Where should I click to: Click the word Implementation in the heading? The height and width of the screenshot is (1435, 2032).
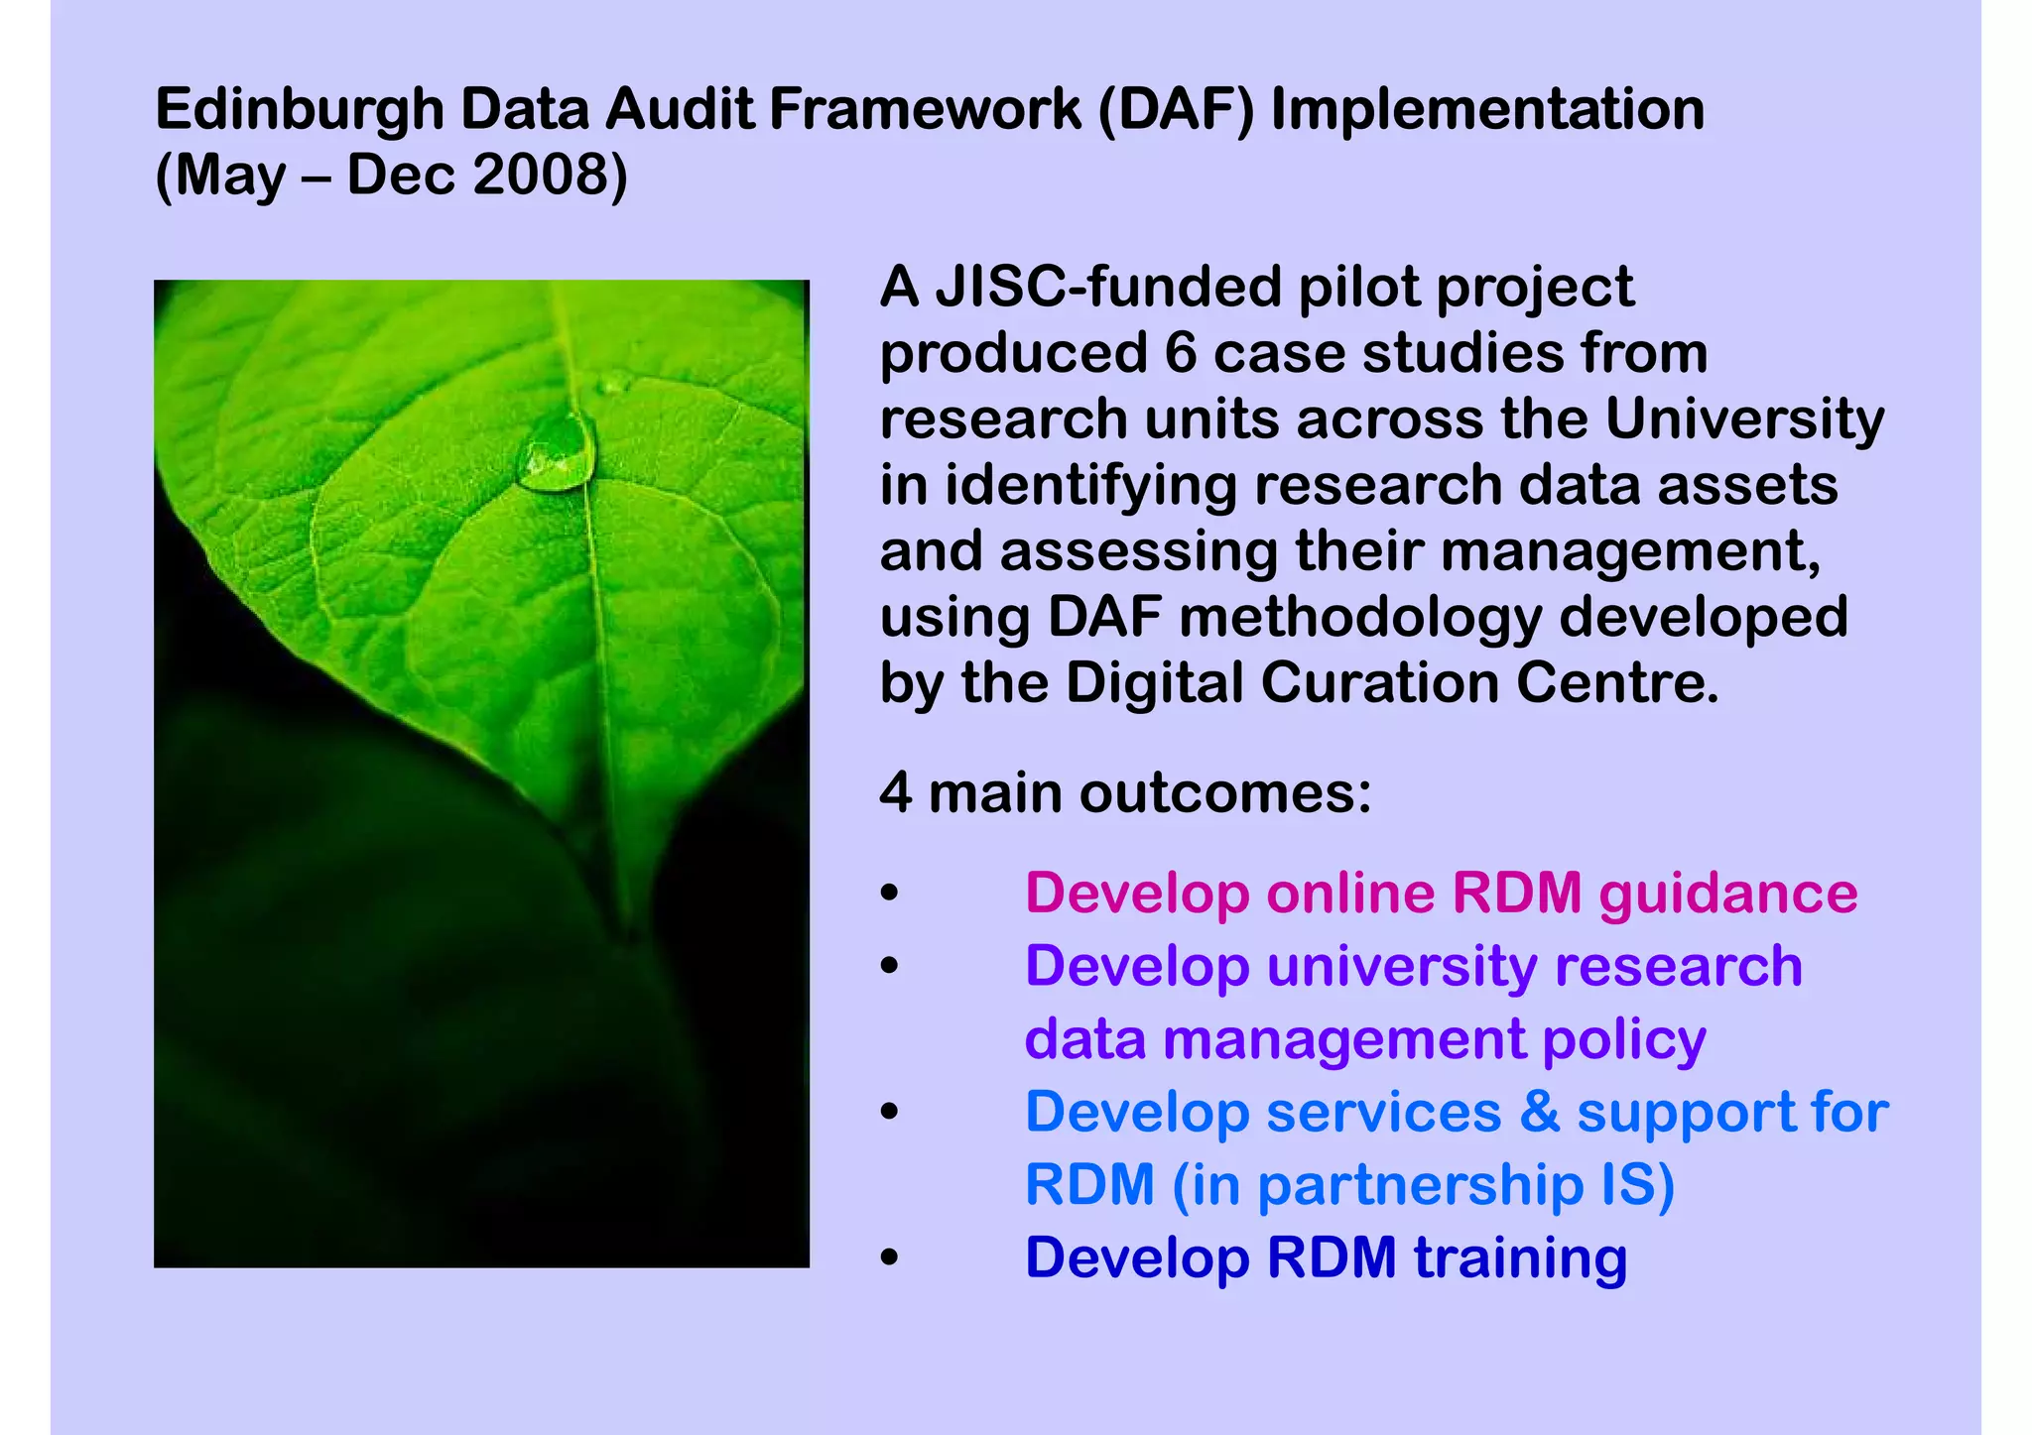tap(1487, 111)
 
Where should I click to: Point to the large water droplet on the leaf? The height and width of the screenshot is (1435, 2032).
tap(559, 454)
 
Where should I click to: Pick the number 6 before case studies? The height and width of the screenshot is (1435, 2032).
tap(1181, 353)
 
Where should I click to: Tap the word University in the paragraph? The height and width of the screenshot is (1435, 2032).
tap(1743, 420)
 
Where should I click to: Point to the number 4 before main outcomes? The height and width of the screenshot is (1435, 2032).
tap(895, 793)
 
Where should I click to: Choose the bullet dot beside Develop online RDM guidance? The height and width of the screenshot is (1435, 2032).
tap(890, 893)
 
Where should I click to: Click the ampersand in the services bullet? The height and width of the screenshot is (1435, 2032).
tap(1539, 1112)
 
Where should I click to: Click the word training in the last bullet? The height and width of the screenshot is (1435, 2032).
tap(1520, 1258)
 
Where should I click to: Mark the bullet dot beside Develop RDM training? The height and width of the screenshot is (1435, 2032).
tap(890, 1257)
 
